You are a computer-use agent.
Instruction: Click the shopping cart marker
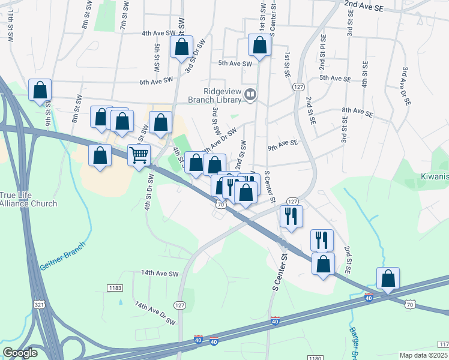pyautogui.click(x=139, y=155)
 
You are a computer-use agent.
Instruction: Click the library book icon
pyautogui.click(x=250, y=94)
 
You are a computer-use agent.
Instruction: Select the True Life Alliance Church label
pyautogui.click(x=28, y=200)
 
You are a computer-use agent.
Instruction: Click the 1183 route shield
pyautogui.click(x=115, y=289)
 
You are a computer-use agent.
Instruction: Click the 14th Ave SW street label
pyautogui.click(x=160, y=274)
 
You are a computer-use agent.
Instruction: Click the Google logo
pyautogui.click(x=20, y=353)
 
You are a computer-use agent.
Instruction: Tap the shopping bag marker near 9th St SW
pyautogui.click(x=40, y=91)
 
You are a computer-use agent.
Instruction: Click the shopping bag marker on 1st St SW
pyautogui.click(x=259, y=46)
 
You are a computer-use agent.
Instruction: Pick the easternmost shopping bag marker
pyautogui.click(x=388, y=278)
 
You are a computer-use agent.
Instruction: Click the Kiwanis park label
pyautogui.click(x=435, y=178)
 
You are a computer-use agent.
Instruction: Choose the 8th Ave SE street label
pyautogui.click(x=357, y=112)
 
